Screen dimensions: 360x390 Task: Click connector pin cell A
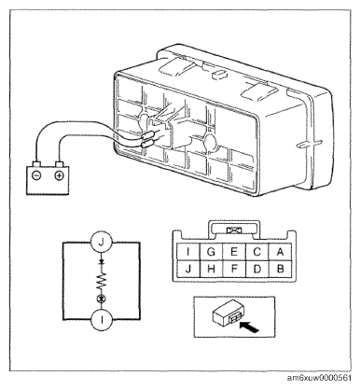tap(280, 252)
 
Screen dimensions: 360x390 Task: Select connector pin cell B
tap(280, 269)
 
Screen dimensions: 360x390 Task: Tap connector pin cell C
tap(257, 252)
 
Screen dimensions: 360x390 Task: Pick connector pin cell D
tap(257, 269)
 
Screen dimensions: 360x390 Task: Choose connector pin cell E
tap(234, 252)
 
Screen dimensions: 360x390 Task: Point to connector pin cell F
tap(234, 269)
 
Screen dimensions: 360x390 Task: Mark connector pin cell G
tap(211, 252)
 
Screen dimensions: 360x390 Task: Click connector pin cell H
tap(211, 269)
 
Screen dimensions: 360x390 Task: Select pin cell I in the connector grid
tap(188, 252)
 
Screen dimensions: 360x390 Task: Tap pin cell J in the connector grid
tap(188, 269)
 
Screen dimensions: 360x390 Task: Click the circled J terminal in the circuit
tap(101, 243)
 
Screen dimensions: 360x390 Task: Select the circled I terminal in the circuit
tap(102, 320)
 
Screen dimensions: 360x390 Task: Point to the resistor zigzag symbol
tap(102, 282)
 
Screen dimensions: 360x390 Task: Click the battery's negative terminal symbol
tap(36, 175)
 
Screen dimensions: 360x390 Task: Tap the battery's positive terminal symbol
tap(59, 175)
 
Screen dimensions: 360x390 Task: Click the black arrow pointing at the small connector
tap(250, 327)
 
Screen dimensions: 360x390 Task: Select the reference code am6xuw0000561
tap(319, 378)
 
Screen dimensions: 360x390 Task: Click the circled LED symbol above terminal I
tap(102, 299)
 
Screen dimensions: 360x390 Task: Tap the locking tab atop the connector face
tap(234, 230)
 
